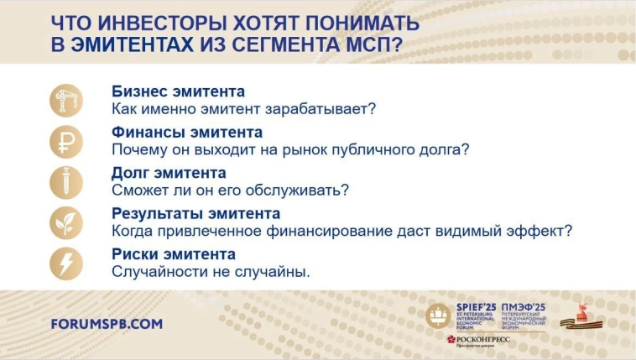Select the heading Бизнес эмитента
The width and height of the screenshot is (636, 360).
coord(178,91)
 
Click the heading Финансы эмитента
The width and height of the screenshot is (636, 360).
coord(187,132)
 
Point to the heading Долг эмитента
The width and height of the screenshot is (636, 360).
coord(169,172)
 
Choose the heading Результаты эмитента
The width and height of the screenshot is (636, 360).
coord(195,213)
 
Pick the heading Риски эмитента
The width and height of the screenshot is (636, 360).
coord(174,253)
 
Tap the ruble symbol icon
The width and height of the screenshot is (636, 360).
coord(66,141)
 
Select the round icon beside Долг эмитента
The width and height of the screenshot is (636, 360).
coord(66,181)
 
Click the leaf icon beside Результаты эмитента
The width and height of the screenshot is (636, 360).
coord(66,222)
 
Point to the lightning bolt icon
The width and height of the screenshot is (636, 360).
coord(66,262)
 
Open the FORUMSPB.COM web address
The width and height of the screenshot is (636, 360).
coord(107,323)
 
